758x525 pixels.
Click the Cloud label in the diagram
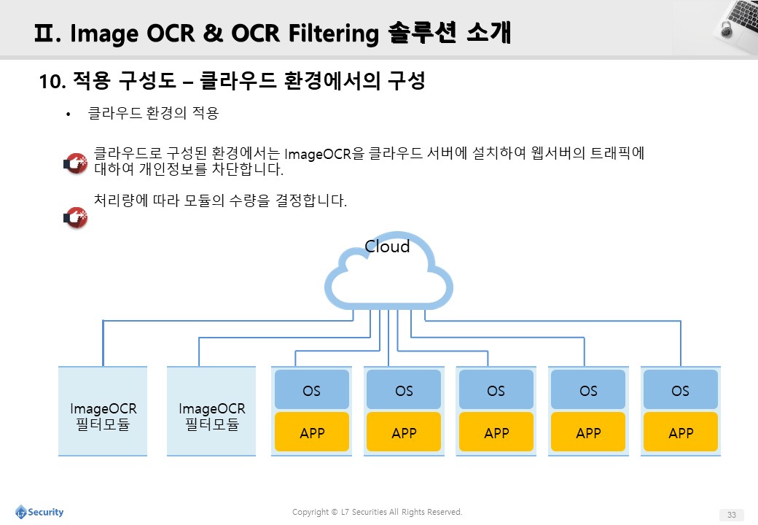387,246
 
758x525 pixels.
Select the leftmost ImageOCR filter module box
103,411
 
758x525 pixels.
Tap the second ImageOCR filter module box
211,411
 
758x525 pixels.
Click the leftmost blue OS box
312,389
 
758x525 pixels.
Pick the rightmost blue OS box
680,389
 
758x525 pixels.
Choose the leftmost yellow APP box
312,432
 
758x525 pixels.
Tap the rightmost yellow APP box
680,432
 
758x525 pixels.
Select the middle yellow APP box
496,432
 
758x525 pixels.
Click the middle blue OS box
496,389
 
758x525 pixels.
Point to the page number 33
732,515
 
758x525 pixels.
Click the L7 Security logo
39,512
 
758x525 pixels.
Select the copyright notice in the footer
377,512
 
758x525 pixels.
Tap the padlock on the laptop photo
726,28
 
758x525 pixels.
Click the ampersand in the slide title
213,34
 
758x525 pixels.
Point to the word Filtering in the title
334,34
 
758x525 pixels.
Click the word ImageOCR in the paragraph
318,154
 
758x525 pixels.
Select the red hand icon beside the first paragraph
76,163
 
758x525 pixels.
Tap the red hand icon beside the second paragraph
76,217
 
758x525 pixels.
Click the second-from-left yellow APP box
404,432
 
